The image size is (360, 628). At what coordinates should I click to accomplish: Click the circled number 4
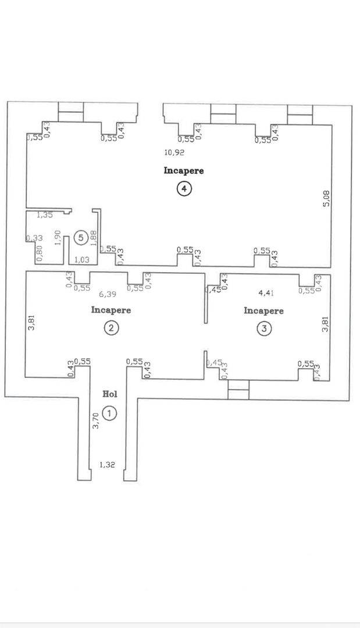(x=184, y=189)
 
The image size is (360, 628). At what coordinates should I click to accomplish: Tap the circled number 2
(x=111, y=328)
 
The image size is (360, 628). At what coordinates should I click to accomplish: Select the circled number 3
(x=264, y=329)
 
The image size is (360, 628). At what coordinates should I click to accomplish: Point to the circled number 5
(x=81, y=237)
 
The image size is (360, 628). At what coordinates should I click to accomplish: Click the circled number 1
(x=110, y=413)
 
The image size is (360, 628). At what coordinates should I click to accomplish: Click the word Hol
(x=110, y=394)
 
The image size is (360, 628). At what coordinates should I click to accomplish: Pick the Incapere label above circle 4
(x=184, y=171)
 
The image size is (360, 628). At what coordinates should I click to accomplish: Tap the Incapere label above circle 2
(x=111, y=310)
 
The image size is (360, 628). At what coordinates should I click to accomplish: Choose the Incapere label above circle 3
(x=263, y=311)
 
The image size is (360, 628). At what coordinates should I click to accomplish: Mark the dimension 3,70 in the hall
(x=97, y=420)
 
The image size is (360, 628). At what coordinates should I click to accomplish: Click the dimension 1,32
(x=107, y=464)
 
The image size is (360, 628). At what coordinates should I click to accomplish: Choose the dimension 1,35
(x=45, y=215)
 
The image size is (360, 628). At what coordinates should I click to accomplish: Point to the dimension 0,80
(x=39, y=254)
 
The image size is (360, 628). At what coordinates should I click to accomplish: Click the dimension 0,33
(x=35, y=238)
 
